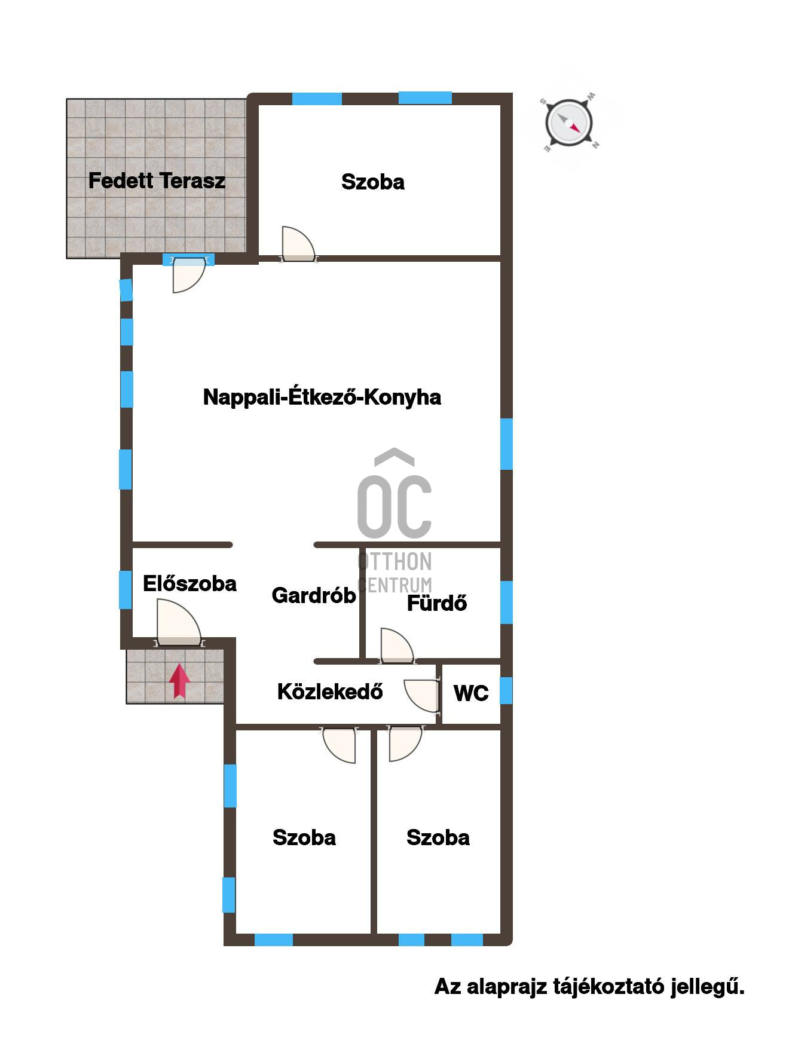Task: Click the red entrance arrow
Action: pos(179,681)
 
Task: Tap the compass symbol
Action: pos(569,123)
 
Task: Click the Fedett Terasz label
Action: pos(157,181)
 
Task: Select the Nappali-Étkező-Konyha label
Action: pos(322,397)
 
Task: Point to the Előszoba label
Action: pos(189,583)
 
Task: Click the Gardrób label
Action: pos(314,595)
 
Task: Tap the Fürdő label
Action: pos(437,603)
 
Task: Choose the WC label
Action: pos(471,693)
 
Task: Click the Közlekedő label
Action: pos(330,692)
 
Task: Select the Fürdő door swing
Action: pos(396,646)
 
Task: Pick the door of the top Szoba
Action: pos(298,244)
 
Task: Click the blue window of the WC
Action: pos(506,690)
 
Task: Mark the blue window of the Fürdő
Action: pos(506,602)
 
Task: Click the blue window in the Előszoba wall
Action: pos(126,590)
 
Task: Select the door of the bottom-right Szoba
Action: pos(405,744)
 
